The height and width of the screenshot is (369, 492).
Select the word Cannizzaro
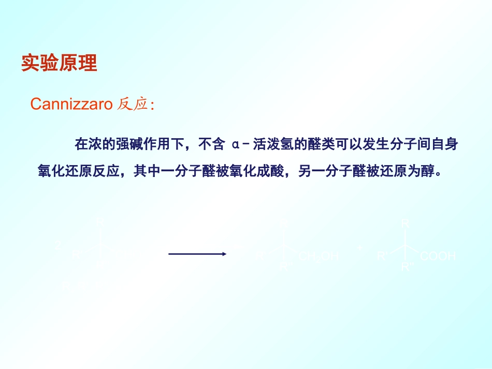71,104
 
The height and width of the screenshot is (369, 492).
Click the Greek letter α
236,144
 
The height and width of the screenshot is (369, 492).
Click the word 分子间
410,144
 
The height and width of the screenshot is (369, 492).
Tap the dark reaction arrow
197,254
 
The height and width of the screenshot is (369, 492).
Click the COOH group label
438,256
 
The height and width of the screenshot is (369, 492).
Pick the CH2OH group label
319,256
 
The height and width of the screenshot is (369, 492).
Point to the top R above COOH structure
405,224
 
